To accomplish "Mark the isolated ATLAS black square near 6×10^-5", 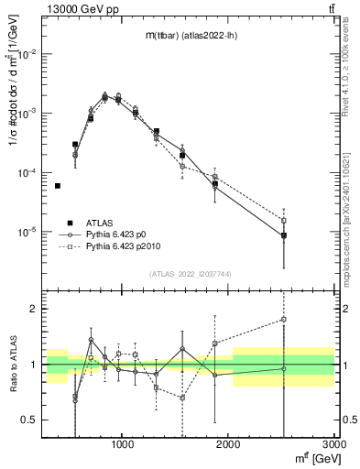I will [x=57, y=186].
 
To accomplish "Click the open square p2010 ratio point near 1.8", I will [x=284, y=320].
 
